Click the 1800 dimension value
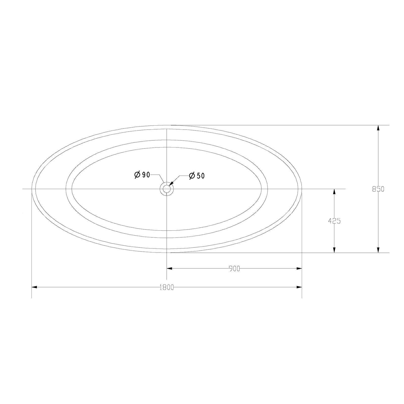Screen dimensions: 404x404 [x=167, y=287]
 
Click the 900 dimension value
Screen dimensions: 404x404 [x=235, y=269]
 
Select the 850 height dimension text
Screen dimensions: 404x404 [x=378, y=189]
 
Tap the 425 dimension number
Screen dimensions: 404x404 [x=334, y=221]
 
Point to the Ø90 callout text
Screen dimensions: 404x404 [x=142, y=174]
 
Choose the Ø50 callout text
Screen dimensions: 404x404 [x=197, y=176]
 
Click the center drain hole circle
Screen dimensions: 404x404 [x=167, y=189]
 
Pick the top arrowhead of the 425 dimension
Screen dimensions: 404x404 [x=334, y=192]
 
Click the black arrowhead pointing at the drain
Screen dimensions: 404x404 [x=171, y=184]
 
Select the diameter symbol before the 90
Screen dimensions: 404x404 [x=137, y=174]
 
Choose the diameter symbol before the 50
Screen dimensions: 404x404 [x=192, y=176]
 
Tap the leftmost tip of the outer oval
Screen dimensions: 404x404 [x=32, y=189]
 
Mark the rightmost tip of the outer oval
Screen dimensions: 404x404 [x=302, y=189]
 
